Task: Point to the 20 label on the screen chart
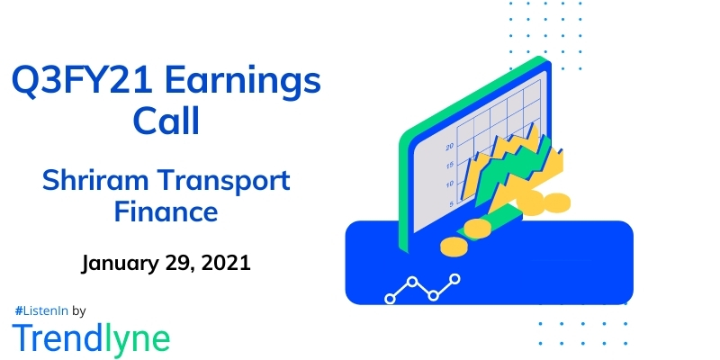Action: [x=448, y=145]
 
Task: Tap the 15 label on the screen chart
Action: [x=448, y=165]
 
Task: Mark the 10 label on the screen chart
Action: [x=448, y=184]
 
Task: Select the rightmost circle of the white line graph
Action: [x=454, y=279]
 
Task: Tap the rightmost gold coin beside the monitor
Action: [x=558, y=201]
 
